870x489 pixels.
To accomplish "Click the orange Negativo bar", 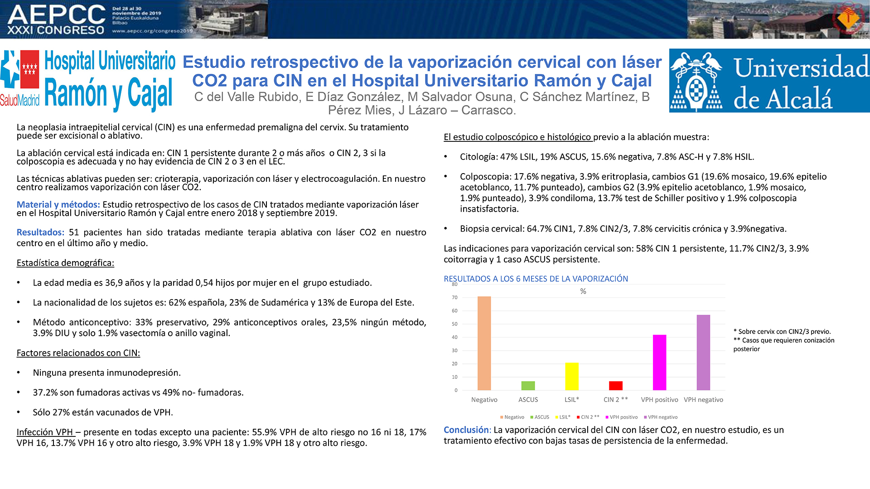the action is (x=484, y=343).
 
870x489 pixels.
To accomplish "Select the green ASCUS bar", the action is (x=528, y=386).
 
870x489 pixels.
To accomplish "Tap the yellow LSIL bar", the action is (x=572, y=376).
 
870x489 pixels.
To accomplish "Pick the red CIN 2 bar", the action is (x=616, y=386).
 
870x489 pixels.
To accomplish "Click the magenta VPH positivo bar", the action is (x=659, y=363).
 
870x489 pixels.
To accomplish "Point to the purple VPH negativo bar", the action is (x=703, y=353).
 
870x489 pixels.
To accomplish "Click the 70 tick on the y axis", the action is (x=455, y=298).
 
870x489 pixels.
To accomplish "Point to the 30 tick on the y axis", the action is (x=455, y=351).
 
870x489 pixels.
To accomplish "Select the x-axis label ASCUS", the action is (x=528, y=400).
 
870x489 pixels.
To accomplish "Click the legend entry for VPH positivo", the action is (x=621, y=417).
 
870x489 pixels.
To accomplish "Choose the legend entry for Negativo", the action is (x=512, y=417).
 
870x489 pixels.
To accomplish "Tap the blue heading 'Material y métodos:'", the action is (x=58, y=205).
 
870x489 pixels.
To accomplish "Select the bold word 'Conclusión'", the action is (x=466, y=430).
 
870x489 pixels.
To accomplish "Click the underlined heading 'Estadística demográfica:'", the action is (x=65, y=263).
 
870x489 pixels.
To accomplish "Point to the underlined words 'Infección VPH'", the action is (x=45, y=432).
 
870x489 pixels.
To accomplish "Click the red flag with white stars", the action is (x=30, y=69).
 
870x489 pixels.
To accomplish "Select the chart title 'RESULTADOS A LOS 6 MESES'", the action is (x=536, y=279).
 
